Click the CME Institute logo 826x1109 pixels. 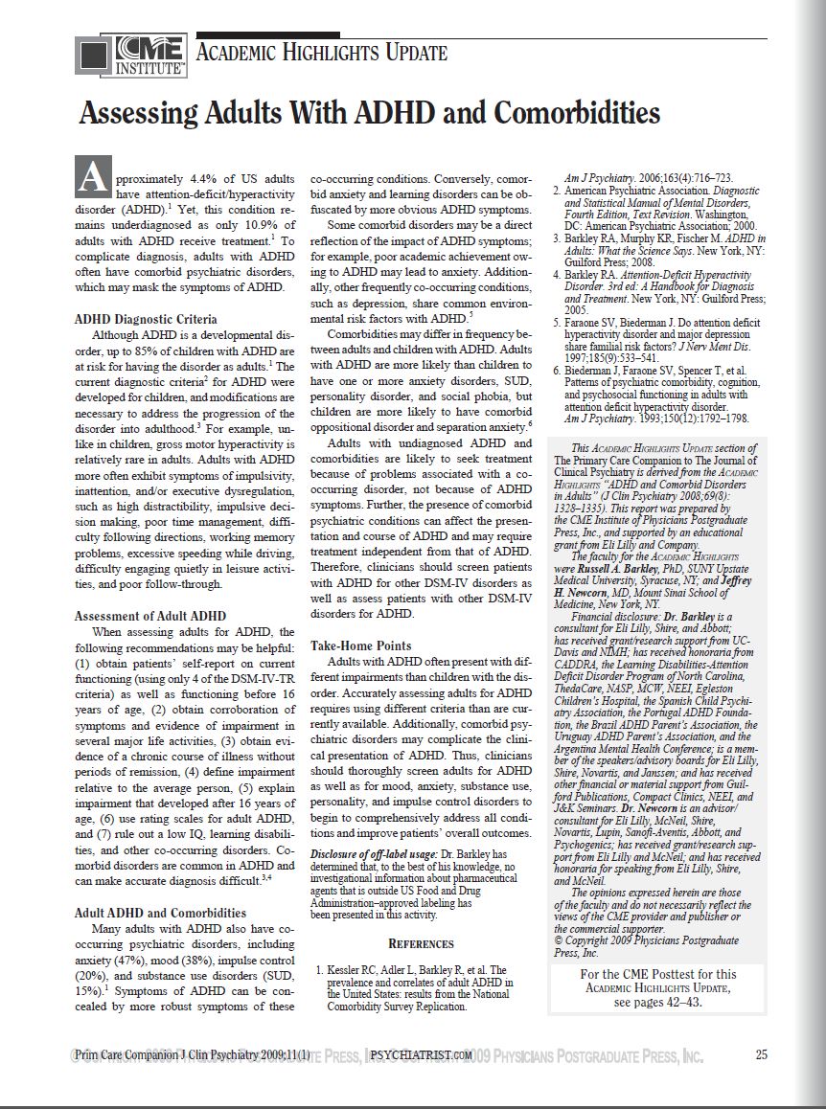(x=131, y=55)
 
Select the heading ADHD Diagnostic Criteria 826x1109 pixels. (x=146, y=319)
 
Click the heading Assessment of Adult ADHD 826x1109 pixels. (x=150, y=615)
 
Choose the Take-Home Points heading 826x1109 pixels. (x=361, y=645)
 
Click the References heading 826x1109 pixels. (x=420, y=943)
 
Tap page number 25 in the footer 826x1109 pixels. (x=761, y=1055)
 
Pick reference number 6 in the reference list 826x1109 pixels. (x=556, y=370)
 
